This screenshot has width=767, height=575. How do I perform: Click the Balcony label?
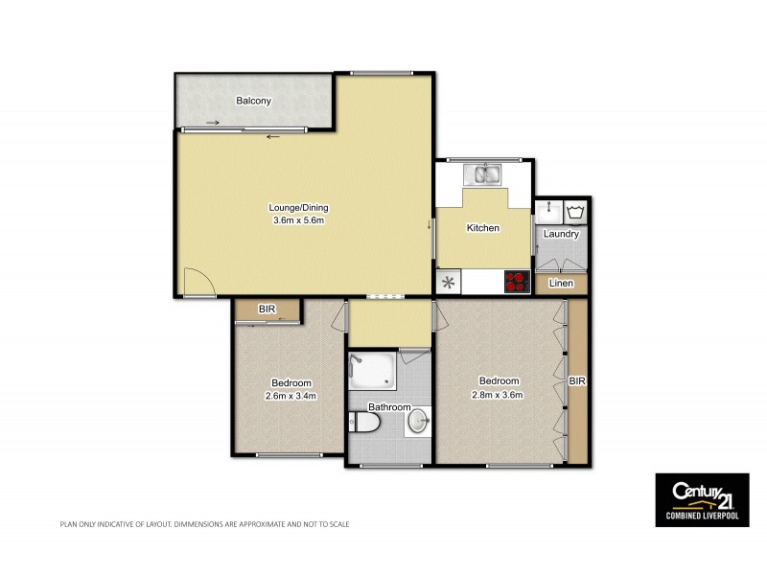(x=254, y=101)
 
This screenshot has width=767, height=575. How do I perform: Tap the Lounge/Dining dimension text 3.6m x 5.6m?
(x=300, y=221)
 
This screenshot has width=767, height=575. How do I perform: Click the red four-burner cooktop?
(x=517, y=282)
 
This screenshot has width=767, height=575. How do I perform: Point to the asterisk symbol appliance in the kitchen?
(x=448, y=283)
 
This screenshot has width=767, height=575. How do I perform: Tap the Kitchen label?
(x=482, y=228)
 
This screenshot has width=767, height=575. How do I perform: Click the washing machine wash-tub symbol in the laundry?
(x=574, y=210)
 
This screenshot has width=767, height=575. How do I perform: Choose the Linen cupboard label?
(x=561, y=284)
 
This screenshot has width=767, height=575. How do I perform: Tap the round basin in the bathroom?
(x=418, y=421)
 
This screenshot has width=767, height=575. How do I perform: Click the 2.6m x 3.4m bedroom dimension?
(x=291, y=395)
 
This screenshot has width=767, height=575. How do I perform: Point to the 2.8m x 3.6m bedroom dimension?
(x=496, y=393)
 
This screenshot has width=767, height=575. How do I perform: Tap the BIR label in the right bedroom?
(x=577, y=380)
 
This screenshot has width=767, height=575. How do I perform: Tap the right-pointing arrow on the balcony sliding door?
(x=212, y=123)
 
